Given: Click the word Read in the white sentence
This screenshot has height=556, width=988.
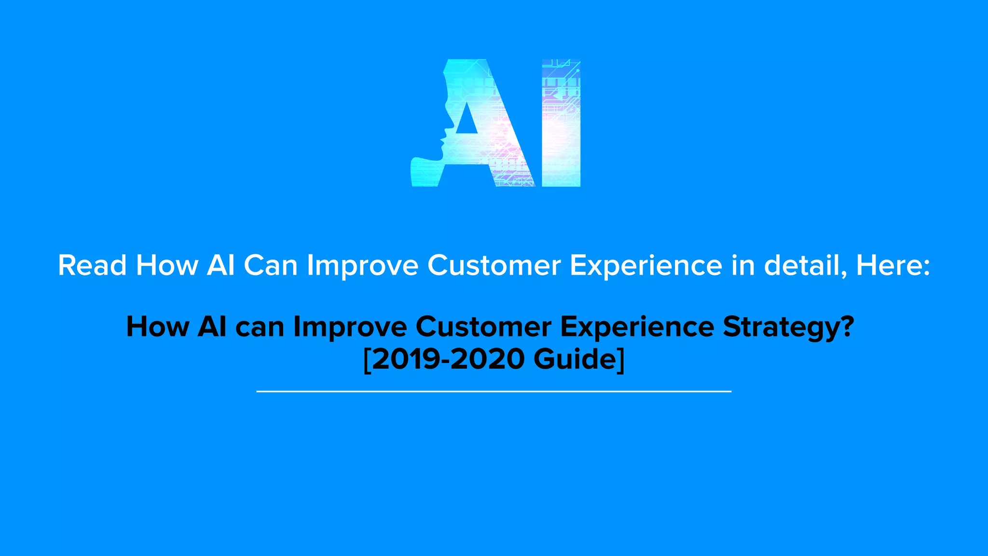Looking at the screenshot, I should [92, 265].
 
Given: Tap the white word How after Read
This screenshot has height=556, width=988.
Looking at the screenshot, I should [167, 265].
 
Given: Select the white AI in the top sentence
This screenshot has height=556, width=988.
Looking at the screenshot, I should [220, 265].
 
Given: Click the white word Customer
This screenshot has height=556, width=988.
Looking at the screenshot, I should [494, 265].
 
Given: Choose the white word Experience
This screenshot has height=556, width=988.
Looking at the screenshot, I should [646, 266].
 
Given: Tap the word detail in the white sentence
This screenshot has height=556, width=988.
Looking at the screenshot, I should [805, 265].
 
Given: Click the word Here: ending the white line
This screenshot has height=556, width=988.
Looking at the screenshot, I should [893, 265].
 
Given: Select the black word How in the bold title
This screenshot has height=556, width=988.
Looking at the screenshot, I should [158, 327].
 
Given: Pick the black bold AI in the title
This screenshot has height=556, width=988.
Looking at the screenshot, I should [212, 327].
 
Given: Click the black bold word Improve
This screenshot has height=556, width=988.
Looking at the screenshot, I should [350, 328].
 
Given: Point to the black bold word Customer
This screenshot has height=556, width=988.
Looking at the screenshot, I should [483, 327].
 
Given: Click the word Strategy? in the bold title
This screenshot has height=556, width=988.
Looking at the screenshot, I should [788, 328].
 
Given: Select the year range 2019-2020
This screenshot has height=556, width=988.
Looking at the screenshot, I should [449, 360].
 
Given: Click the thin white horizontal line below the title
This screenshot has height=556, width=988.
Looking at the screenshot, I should [494, 391].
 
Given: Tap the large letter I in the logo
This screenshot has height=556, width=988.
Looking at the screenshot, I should [561, 123].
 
